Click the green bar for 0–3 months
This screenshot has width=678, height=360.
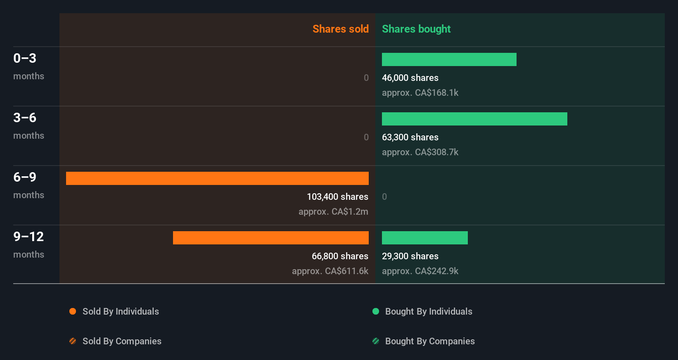click(x=449, y=59)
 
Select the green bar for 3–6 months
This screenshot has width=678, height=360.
click(x=474, y=119)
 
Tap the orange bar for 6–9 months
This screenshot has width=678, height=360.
click(x=217, y=178)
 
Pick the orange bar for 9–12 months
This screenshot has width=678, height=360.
click(x=270, y=238)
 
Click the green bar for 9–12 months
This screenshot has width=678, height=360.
click(x=424, y=238)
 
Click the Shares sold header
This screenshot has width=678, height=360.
click(x=340, y=29)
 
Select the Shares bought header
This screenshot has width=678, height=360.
click(x=416, y=29)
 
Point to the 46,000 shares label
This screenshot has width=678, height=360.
click(x=410, y=78)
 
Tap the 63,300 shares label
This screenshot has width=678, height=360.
click(x=410, y=137)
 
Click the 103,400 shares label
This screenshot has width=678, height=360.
click(x=337, y=197)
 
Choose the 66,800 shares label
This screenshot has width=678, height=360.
click(x=340, y=256)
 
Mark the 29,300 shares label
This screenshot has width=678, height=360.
click(x=410, y=256)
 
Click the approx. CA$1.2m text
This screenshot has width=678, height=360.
click(x=333, y=211)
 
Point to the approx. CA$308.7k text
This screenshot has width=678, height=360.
click(x=420, y=152)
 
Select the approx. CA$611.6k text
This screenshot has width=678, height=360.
click(x=330, y=271)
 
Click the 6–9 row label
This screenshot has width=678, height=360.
click(x=25, y=177)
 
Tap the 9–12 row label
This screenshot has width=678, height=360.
click(x=28, y=237)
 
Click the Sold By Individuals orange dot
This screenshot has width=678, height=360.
click(x=73, y=311)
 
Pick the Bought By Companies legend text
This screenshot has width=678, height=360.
click(x=430, y=341)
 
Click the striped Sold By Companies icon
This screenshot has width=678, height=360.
click(x=73, y=341)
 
